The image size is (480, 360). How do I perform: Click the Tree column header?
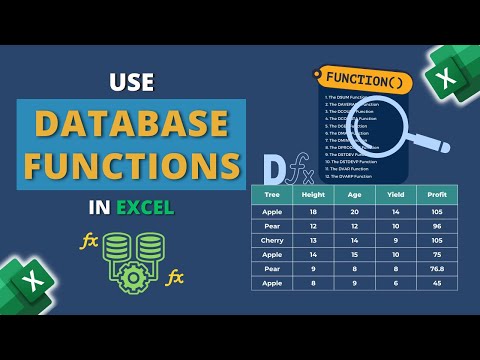271,197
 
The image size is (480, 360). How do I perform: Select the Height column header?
314,197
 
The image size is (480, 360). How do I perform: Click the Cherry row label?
271,240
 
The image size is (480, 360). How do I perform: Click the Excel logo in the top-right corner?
452,72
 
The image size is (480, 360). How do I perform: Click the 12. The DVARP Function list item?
350,177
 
